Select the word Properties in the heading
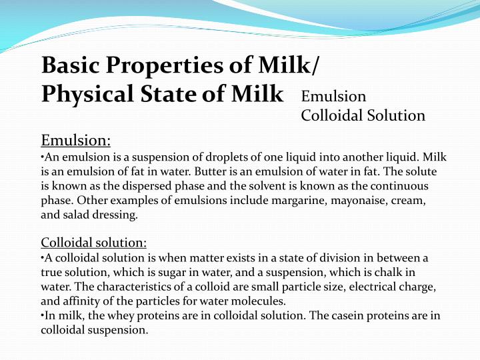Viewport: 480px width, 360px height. tap(158, 66)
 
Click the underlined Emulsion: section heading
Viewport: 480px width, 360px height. tap(76, 141)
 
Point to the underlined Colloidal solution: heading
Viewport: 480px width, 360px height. tap(94, 242)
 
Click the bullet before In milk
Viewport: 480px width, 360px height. tap(43, 315)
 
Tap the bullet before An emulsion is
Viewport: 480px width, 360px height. tap(43, 157)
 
